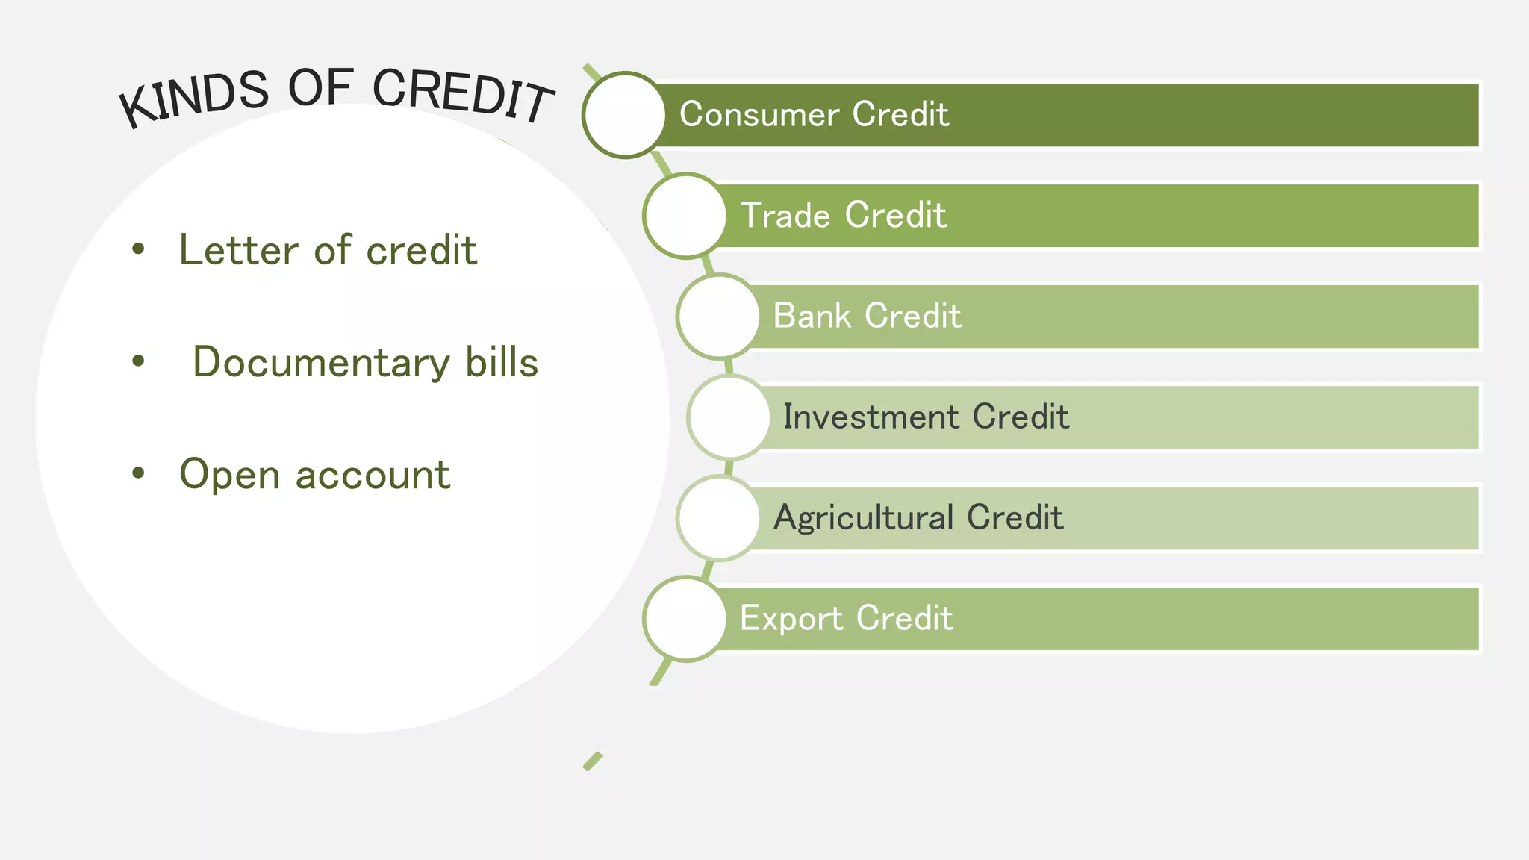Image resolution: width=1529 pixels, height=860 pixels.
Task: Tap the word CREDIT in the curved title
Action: click(x=463, y=95)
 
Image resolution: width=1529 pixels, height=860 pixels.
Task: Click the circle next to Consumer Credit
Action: click(x=624, y=115)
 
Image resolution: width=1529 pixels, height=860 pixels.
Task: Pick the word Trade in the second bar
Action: click(x=785, y=216)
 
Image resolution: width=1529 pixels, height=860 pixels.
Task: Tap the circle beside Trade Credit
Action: click(x=685, y=216)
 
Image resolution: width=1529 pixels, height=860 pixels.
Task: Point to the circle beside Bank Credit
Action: click(x=718, y=316)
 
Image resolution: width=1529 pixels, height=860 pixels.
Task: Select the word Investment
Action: click(x=871, y=417)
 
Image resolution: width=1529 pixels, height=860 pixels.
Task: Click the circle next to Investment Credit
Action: click(x=729, y=417)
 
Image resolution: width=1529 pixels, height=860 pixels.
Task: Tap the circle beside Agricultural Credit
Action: click(x=718, y=517)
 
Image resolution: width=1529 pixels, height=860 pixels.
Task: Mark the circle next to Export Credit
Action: click(x=685, y=618)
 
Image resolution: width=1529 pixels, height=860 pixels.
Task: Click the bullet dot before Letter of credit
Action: click(x=138, y=249)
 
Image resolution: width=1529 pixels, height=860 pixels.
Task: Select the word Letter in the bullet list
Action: click(x=239, y=249)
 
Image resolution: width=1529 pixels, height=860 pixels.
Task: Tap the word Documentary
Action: click(x=321, y=363)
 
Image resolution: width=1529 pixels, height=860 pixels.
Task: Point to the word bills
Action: click(x=502, y=362)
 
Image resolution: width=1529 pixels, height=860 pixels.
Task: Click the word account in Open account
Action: click(x=373, y=476)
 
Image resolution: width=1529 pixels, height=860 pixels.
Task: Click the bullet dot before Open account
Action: click(x=138, y=473)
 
